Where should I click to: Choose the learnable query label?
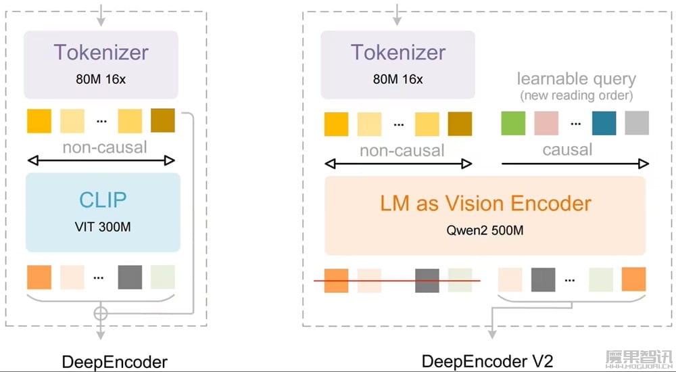pyautogui.click(x=576, y=79)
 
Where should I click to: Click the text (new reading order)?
pyautogui.click(x=576, y=95)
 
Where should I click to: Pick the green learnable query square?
pyautogui.click(x=512, y=123)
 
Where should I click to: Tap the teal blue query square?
pyautogui.click(x=604, y=123)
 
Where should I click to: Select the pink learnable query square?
pyautogui.click(x=546, y=123)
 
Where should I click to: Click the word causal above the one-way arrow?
pyautogui.click(x=567, y=149)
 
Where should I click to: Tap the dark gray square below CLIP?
pyautogui.click(x=130, y=277)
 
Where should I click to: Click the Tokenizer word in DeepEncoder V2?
pyautogui.click(x=397, y=52)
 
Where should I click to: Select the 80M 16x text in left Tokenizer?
pyautogui.click(x=101, y=79)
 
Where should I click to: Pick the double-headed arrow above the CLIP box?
pyautogui.click(x=101, y=160)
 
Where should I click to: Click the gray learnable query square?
pyautogui.click(x=637, y=123)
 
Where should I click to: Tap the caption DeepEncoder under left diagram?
pyautogui.click(x=114, y=362)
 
